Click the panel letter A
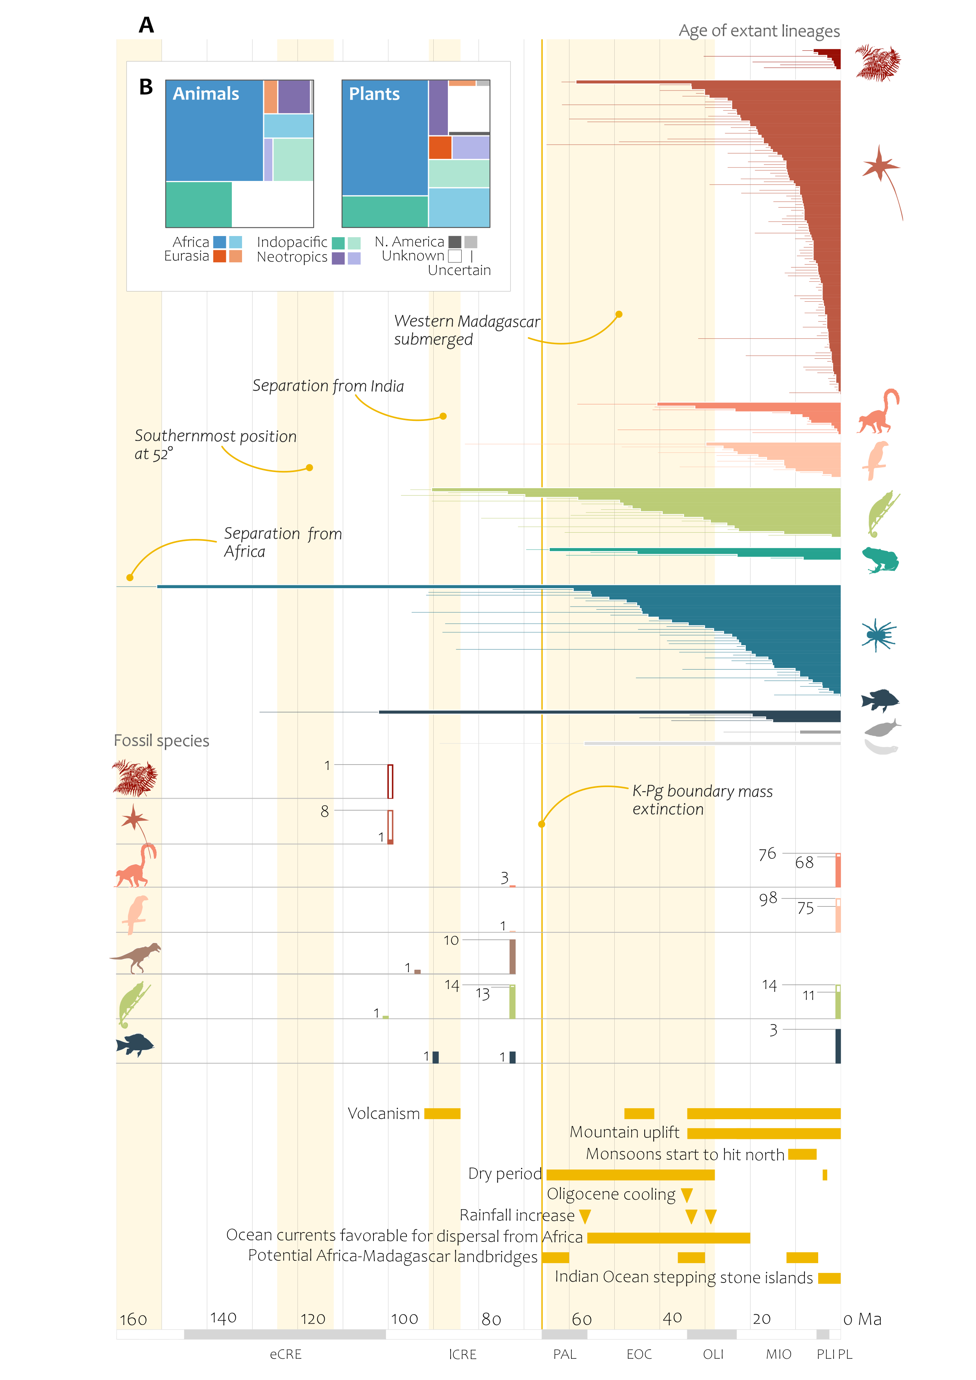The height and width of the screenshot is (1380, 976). [146, 25]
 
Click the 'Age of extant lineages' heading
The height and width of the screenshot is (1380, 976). [759, 31]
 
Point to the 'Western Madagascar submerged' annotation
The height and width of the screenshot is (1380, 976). [467, 330]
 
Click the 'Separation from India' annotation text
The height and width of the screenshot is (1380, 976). [328, 386]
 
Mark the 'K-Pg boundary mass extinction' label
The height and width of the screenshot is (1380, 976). [702, 800]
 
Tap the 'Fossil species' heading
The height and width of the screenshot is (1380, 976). [161, 740]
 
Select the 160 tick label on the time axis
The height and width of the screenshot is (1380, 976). [133, 1320]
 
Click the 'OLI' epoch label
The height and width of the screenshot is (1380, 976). [713, 1354]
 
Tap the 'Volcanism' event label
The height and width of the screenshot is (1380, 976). [384, 1114]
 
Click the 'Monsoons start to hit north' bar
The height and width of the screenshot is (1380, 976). [802, 1154]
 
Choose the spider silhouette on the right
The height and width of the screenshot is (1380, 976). [878, 635]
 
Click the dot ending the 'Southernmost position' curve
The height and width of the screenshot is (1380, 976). [309, 468]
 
